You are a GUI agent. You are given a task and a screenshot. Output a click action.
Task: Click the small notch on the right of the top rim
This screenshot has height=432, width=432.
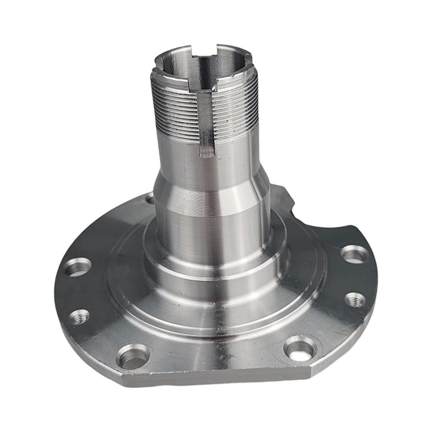click(248, 58)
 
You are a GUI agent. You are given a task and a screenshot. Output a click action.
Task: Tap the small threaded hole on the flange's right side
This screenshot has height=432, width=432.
click(355, 300)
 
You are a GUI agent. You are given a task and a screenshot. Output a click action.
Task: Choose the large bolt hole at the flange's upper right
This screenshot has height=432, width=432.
click(355, 254)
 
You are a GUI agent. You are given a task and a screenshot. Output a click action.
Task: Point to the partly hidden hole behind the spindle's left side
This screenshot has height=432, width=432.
click(150, 198)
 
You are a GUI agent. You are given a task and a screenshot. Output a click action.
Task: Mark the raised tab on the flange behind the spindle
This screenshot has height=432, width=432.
click(283, 196)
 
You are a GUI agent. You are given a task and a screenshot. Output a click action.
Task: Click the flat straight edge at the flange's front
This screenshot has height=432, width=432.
click(216, 378)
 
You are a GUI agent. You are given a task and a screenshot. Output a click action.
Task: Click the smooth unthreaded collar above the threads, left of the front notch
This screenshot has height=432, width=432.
click(169, 77)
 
